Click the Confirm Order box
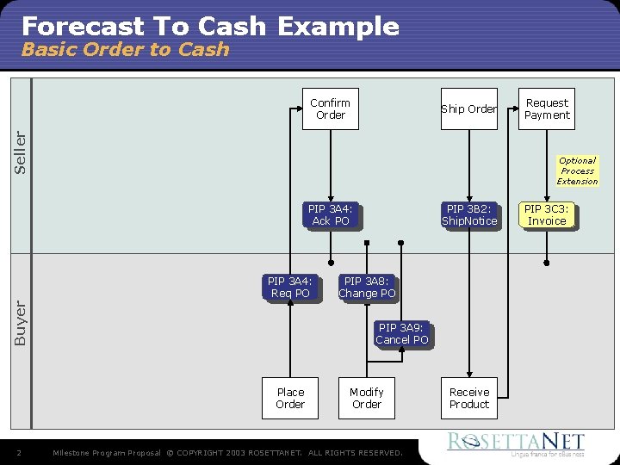331,109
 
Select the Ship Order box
469,109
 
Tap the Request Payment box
547,109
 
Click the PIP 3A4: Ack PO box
331,215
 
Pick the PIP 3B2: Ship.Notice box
469,215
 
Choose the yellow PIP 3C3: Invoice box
547,215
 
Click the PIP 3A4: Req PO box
290,288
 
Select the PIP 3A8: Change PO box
367,288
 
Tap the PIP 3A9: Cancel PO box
401,334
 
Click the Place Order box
290,399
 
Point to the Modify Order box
367,399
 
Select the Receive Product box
469,399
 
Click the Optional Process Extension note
577,171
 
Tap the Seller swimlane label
21,152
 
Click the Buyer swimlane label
21,323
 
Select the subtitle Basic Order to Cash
125,50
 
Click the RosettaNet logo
515,444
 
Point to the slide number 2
19,453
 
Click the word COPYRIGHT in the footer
210,453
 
